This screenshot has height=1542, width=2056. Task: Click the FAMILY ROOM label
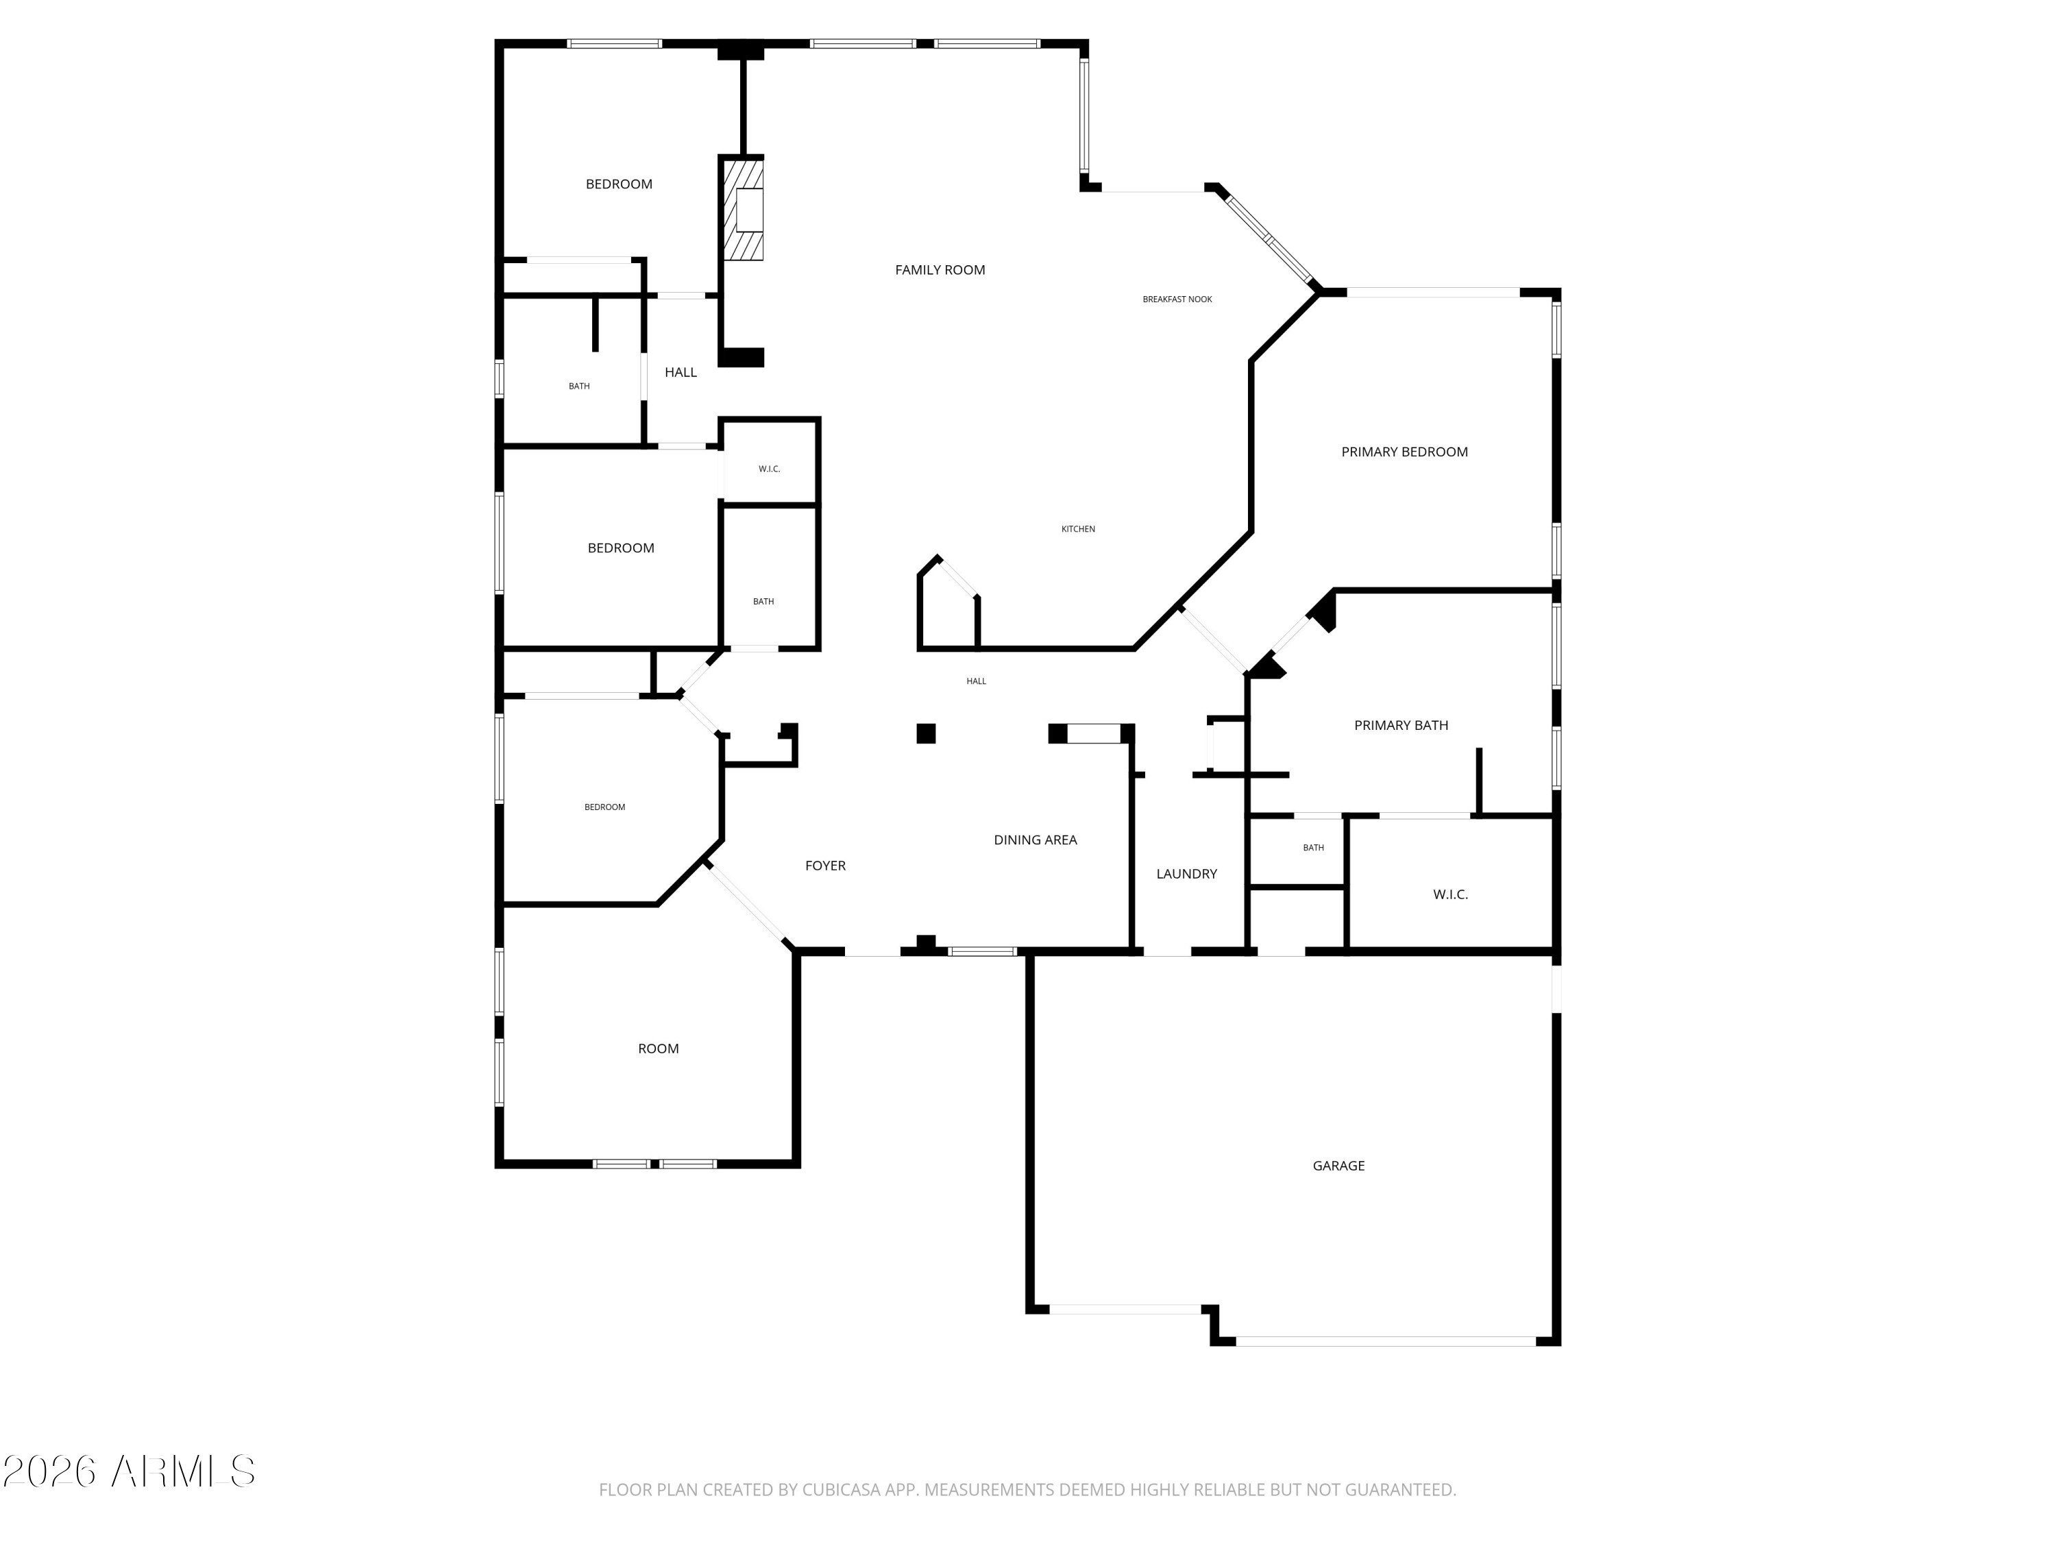[x=940, y=269]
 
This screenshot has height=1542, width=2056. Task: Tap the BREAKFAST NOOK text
[x=1177, y=299]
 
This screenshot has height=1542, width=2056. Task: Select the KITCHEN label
[x=1078, y=529]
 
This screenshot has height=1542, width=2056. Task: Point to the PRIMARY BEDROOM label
[x=1404, y=452]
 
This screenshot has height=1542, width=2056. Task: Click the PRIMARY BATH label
[x=1401, y=725]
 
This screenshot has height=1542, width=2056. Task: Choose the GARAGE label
[x=1338, y=1166]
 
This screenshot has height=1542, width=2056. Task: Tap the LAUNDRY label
[x=1186, y=874]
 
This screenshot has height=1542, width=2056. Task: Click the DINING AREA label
[x=1036, y=840]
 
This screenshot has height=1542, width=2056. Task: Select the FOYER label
[x=825, y=866]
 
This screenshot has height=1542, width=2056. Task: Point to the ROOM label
[x=658, y=1049]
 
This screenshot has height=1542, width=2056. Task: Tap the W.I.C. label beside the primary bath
[x=1450, y=894]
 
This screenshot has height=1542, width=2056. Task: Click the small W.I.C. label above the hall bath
[x=769, y=469]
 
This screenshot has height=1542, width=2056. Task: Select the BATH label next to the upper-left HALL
[x=579, y=386]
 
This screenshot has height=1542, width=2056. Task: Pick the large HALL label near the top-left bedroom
[x=681, y=371]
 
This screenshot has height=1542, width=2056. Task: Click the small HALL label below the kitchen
[x=976, y=681]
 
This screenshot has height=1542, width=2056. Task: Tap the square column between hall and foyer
[x=926, y=733]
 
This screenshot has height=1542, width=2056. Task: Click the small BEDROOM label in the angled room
[x=604, y=807]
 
